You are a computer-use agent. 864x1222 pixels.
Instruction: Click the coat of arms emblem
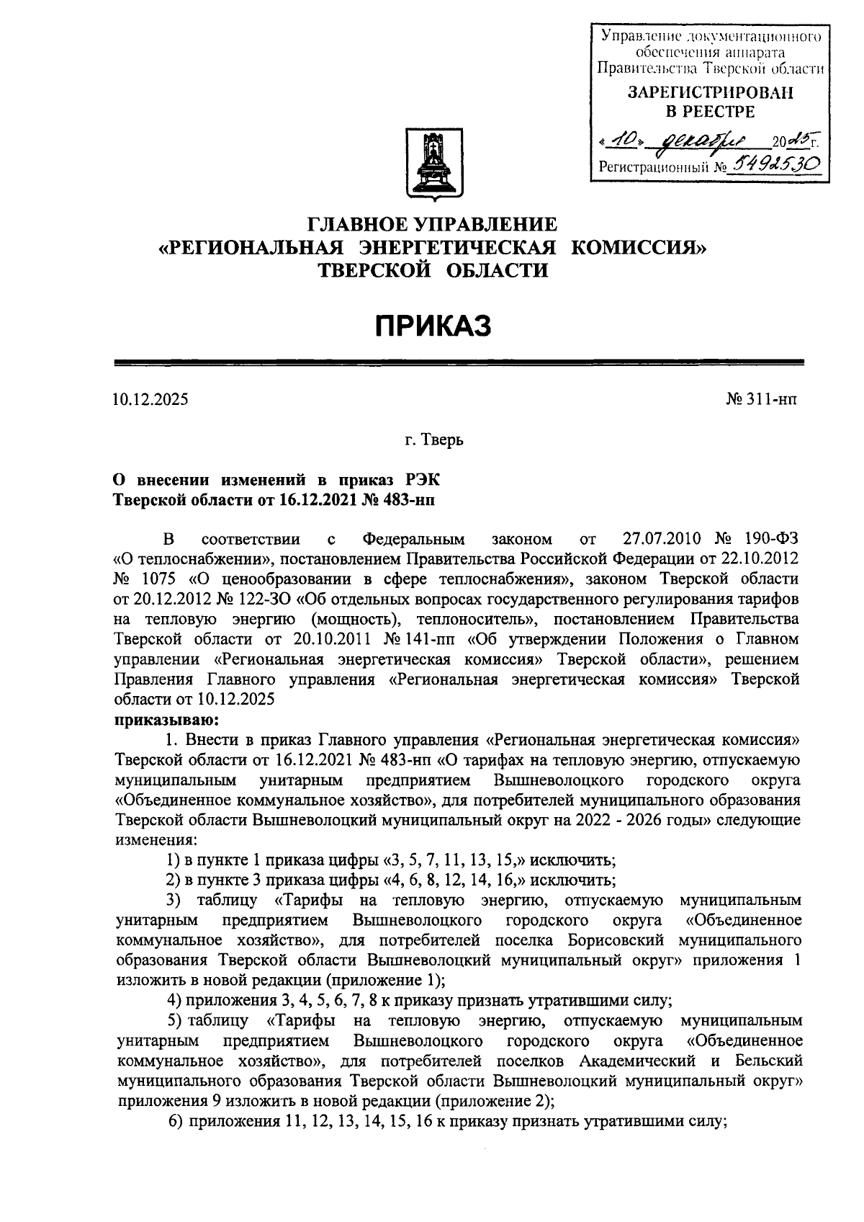click(x=434, y=162)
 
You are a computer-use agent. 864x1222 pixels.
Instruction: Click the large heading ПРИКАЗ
click(x=433, y=326)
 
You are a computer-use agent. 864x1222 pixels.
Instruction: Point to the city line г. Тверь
click(x=433, y=439)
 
